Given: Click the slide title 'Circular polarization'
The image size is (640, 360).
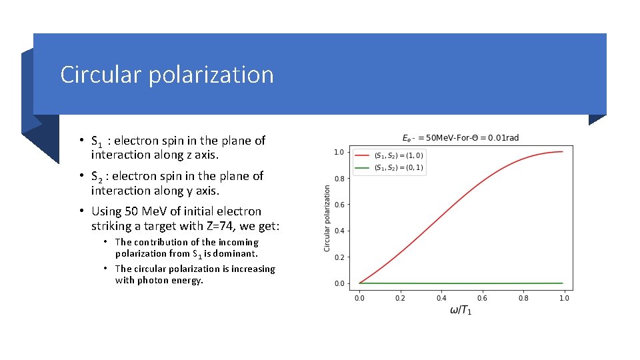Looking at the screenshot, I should coord(167,75).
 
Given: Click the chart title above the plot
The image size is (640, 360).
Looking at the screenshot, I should coord(460,138).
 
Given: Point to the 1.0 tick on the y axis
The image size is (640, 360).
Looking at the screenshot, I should coord(339,152).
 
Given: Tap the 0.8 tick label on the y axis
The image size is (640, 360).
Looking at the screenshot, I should coord(339,179).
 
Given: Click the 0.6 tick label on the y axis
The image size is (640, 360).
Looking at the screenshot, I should coord(339,205).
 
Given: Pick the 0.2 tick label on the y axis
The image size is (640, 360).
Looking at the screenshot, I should coord(339,257).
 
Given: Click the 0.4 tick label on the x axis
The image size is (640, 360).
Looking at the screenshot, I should coord(441,298).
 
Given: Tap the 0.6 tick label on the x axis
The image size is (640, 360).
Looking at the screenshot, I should coord(482,298).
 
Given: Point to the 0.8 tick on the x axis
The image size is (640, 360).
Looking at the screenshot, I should coord(523,298).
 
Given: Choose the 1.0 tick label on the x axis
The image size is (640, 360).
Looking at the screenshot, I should coord(564,298).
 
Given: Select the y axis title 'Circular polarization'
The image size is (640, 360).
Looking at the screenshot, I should coord(327,218).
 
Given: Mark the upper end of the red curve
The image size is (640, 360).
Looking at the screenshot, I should coord(562,152).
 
